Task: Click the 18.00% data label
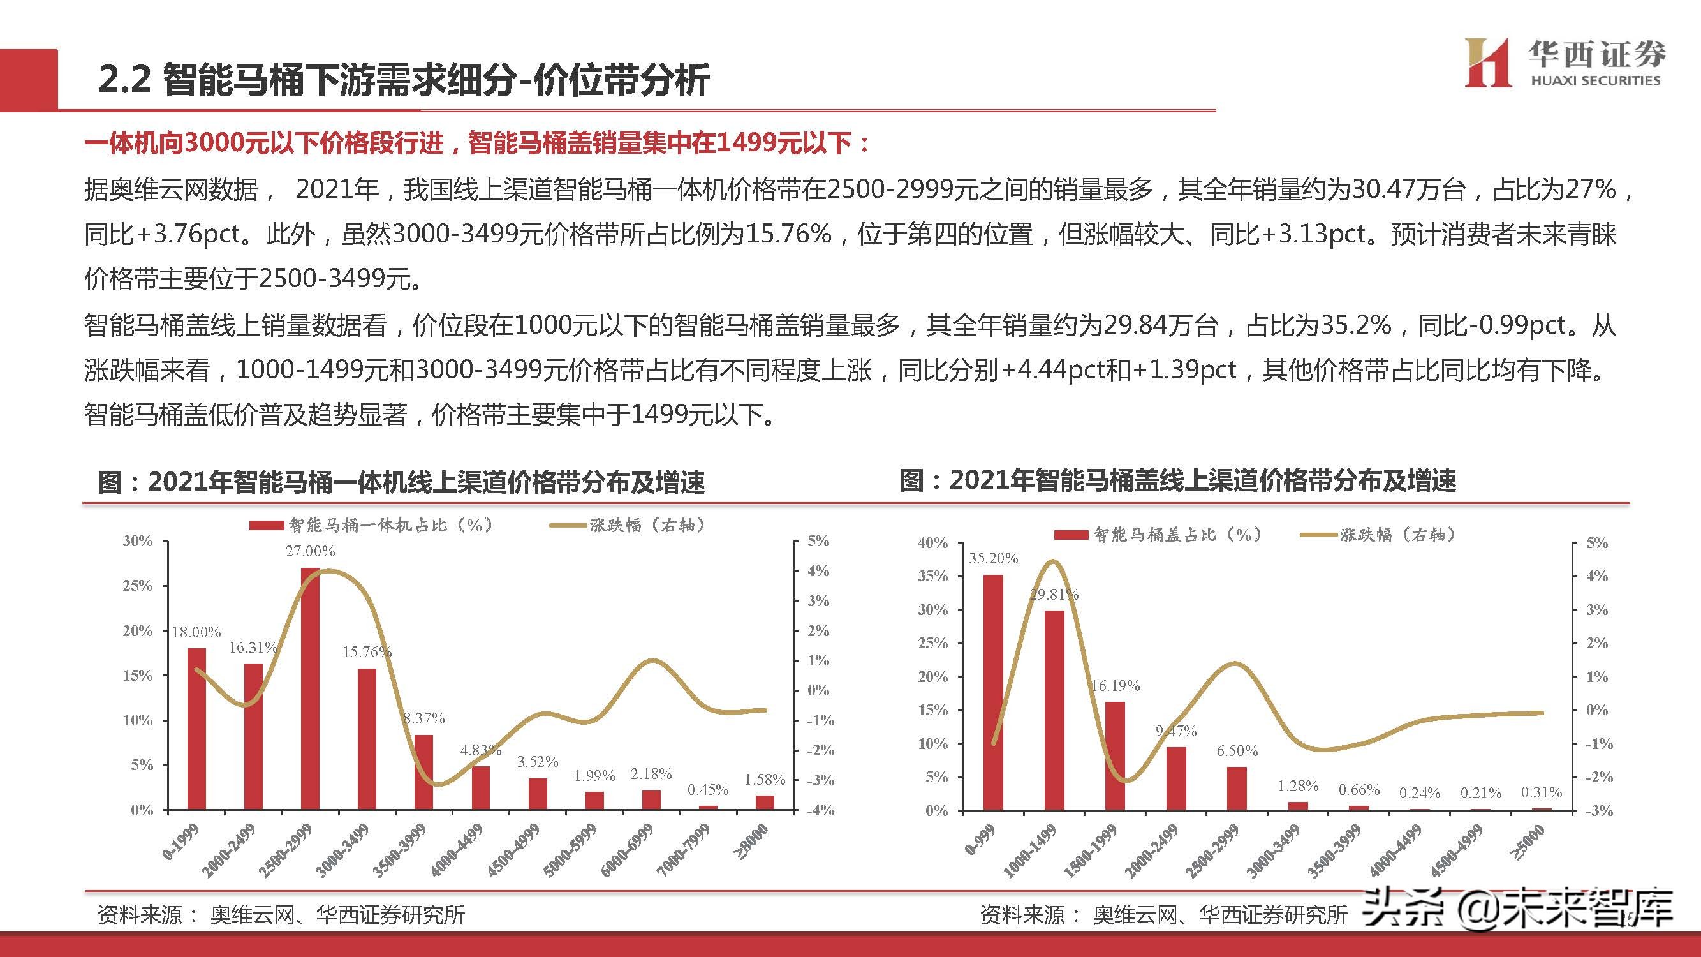(x=196, y=632)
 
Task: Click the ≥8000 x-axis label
(x=753, y=842)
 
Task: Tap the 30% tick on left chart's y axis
(x=137, y=541)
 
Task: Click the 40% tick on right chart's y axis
(x=932, y=543)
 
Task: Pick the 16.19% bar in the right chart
(x=1115, y=755)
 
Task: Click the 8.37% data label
(x=424, y=718)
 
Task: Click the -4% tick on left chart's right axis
(x=820, y=810)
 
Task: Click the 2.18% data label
(x=651, y=773)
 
